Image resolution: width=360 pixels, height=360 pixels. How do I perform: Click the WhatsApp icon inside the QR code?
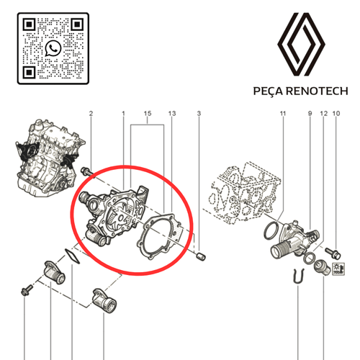coord(53,48)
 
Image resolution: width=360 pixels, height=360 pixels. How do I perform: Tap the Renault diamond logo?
coord(301,44)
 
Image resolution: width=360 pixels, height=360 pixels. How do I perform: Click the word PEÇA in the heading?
coord(268,91)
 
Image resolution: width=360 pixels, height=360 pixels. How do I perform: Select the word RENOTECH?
coord(318,91)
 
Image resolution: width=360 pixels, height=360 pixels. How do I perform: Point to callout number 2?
coord(91,113)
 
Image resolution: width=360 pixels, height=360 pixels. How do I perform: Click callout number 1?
coord(123,113)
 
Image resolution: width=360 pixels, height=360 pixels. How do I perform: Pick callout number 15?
coord(148,113)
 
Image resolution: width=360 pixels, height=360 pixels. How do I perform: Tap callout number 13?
coord(172,113)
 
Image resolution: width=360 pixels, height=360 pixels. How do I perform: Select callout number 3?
coord(199,113)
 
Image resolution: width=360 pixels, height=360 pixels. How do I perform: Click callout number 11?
coord(283,113)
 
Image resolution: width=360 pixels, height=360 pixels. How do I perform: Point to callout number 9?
coord(310,113)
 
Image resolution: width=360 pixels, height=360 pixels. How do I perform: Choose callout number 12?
coord(324,113)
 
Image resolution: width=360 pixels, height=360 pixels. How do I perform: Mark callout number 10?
coord(336,113)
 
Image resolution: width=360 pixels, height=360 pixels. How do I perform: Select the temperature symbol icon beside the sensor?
coord(338,269)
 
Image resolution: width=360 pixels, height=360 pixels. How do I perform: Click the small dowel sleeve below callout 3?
coord(201,256)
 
